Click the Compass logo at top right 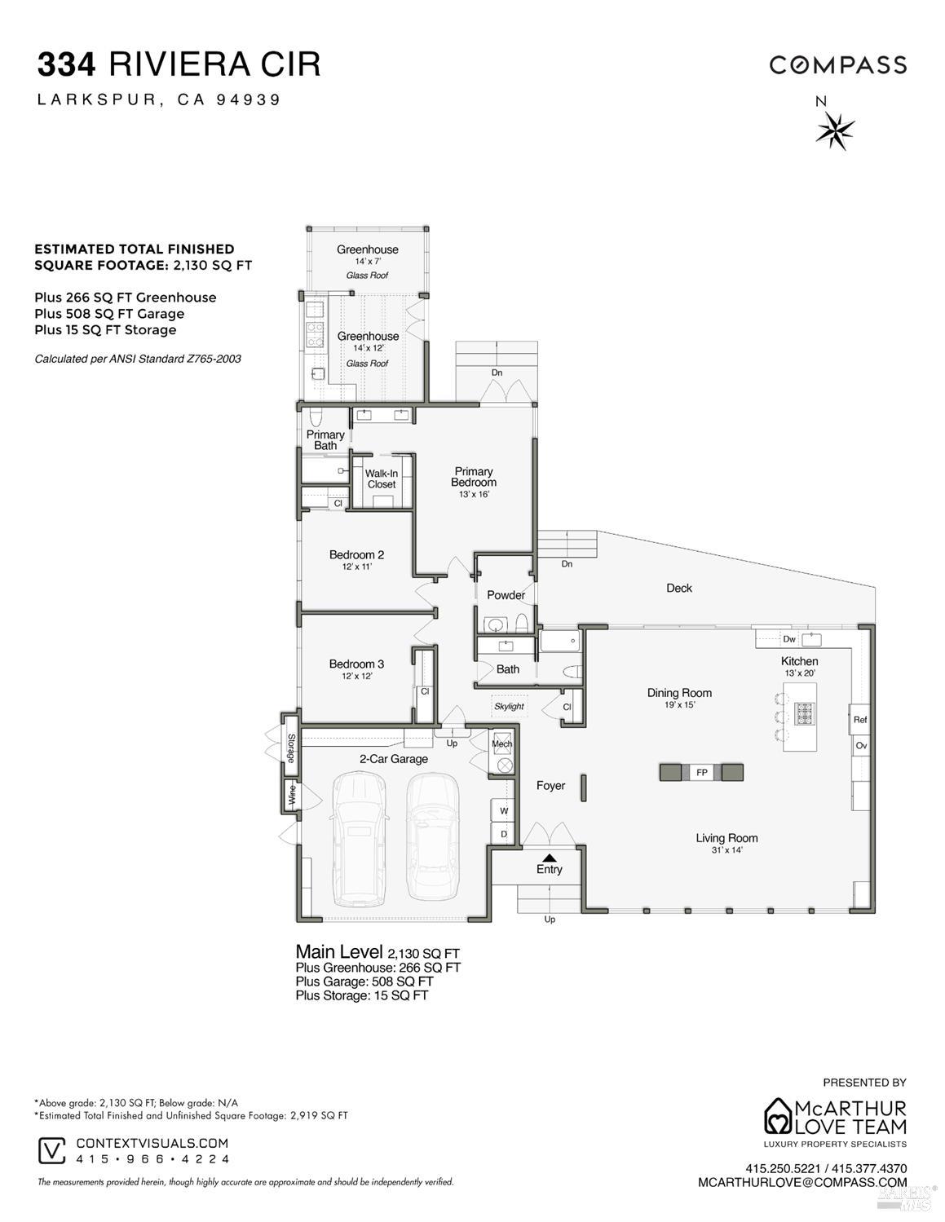point(838,65)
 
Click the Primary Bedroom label point(474,477)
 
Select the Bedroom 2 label point(356,555)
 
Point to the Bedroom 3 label point(356,664)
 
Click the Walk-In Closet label point(381,479)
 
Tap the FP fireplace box point(701,772)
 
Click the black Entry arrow point(550,857)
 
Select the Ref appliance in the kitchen point(860,720)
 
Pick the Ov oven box point(861,746)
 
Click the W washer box point(503,810)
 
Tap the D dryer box point(503,834)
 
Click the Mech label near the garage point(502,743)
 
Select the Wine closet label point(290,794)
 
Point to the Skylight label point(509,706)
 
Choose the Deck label point(678,588)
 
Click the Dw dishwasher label point(789,639)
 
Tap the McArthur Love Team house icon point(778,1116)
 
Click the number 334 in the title point(68,64)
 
